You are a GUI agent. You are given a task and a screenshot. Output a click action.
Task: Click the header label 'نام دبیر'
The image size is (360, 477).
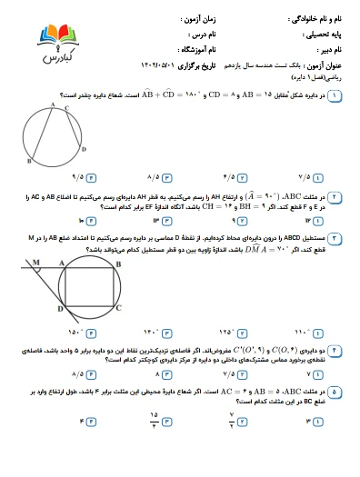[x=335, y=52]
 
